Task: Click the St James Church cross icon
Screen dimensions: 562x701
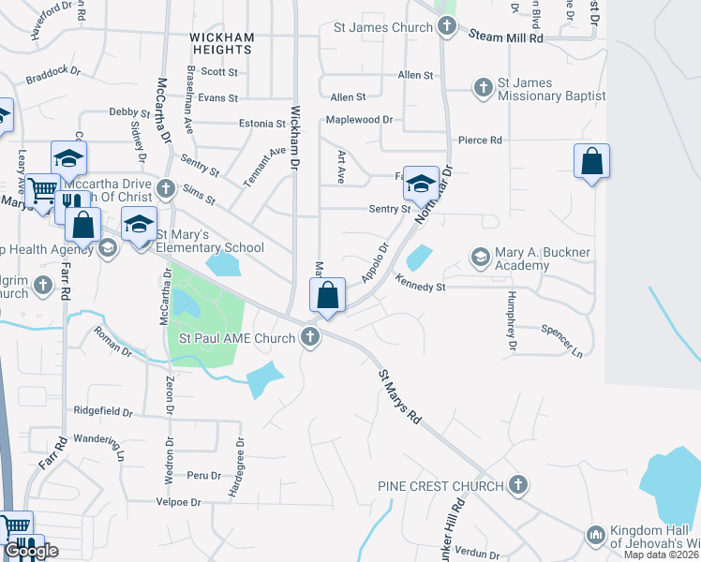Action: coord(448,27)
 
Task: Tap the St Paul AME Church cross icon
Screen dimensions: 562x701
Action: coord(311,337)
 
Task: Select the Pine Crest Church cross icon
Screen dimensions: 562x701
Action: coord(518,485)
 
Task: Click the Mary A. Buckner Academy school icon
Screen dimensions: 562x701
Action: coord(481,257)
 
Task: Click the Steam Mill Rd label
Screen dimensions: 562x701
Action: coord(511,38)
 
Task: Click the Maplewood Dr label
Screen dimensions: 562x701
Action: coord(359,120)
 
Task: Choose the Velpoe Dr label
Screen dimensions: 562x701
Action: coord(177,502)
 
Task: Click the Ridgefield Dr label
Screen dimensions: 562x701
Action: coord(104,411)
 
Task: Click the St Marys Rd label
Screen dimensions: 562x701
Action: coord(400,395)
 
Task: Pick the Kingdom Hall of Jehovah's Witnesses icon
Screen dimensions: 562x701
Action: coord(595,535)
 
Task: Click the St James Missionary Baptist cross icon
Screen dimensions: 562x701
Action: coord(484,88)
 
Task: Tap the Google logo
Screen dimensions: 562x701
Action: coord(31,552)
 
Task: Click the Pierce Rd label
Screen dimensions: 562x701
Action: coord(480,140)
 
